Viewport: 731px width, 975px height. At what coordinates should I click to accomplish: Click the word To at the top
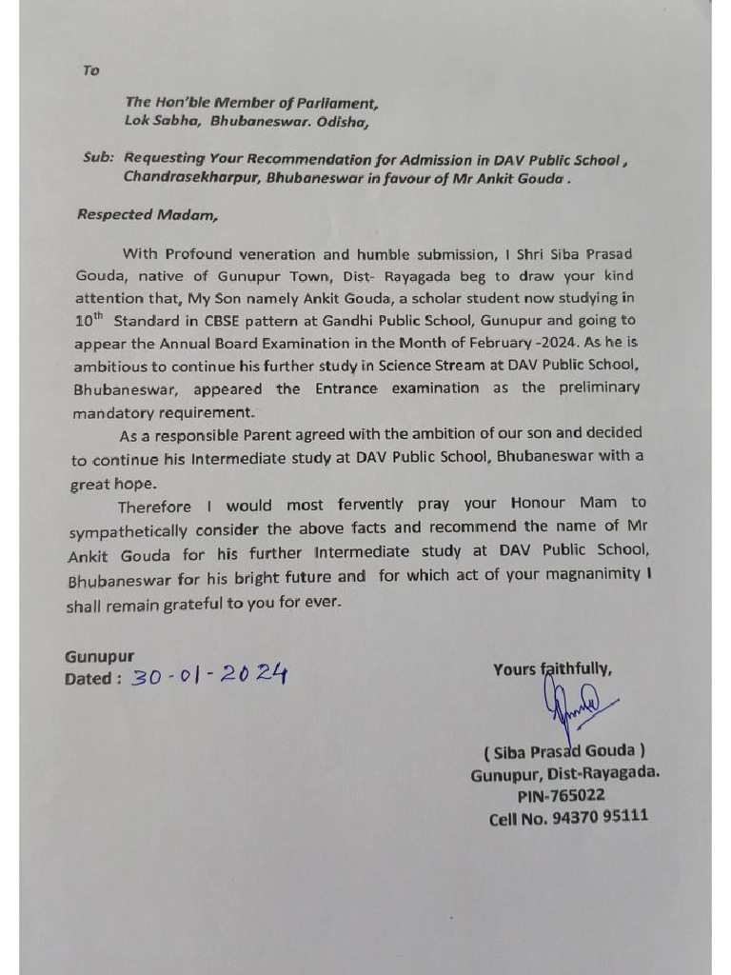(x=90, y=70)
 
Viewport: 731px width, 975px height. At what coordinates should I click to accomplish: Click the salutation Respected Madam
(x=147, y=214)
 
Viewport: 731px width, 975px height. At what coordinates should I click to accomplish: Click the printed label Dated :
(x=92, y=679)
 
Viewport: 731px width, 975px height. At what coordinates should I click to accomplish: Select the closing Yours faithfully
(x=552, y=669)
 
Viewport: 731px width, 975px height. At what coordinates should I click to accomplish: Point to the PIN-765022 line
(x=561, y=795)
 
